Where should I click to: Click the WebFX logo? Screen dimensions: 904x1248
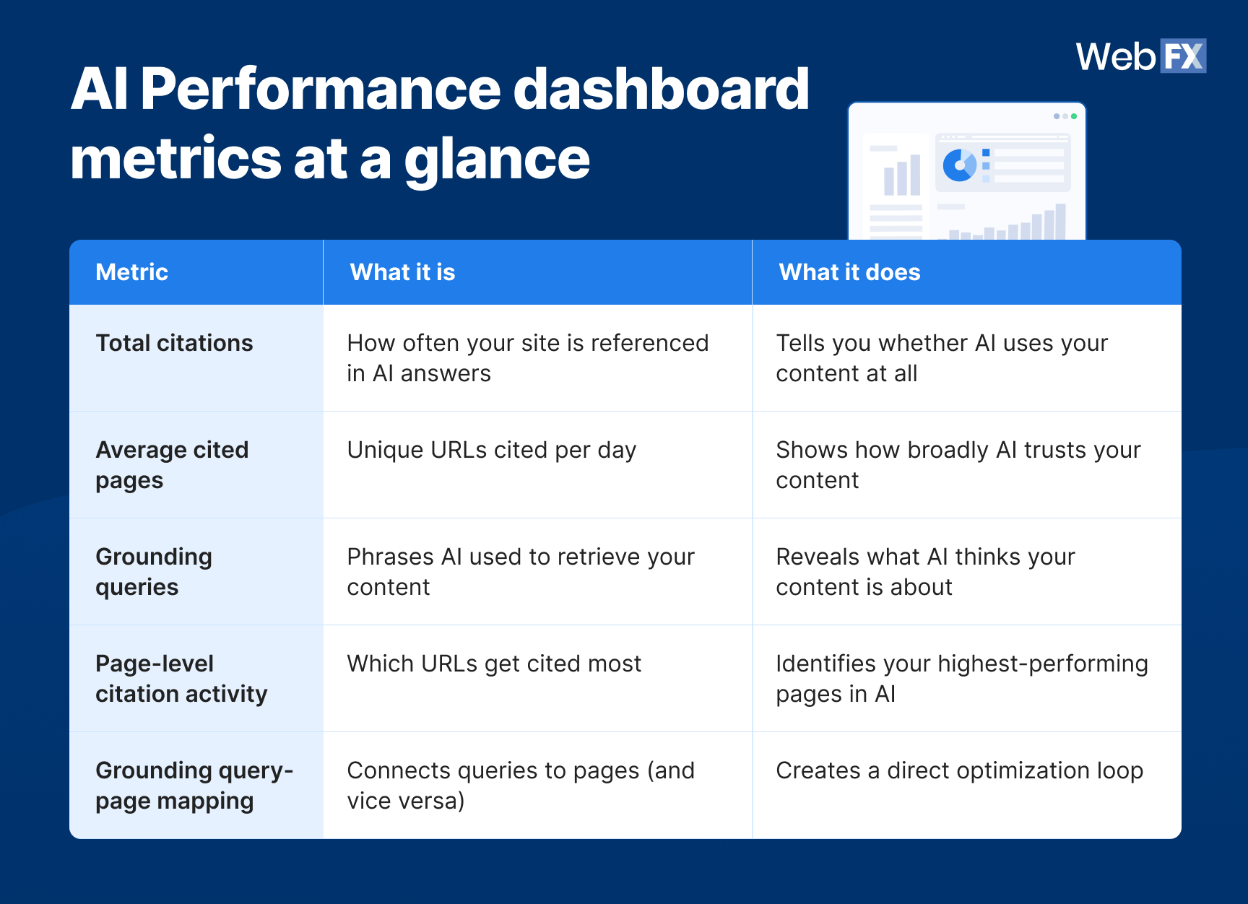1140,56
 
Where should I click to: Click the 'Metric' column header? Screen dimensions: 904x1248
131,272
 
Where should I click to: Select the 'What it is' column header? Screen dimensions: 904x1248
402,272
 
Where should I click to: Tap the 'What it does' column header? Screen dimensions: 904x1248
849,272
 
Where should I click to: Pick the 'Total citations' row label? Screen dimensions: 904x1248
174,343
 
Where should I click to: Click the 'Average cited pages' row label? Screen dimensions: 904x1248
172,465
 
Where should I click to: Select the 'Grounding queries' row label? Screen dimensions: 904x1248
154,572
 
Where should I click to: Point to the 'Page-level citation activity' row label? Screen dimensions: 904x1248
181,679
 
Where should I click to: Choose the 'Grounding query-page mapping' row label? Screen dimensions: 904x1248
194,786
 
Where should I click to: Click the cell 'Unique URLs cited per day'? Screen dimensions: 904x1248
491,450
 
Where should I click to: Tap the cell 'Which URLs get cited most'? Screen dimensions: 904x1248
494,664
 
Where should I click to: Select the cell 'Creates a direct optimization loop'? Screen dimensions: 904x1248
959,770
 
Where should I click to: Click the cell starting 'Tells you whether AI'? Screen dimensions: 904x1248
941,358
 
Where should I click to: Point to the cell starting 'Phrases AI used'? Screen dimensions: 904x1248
520,572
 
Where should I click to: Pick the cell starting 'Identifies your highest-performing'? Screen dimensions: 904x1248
961,679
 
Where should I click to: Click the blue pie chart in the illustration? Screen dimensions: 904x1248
959,165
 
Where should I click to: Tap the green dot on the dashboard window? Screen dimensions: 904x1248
1074,116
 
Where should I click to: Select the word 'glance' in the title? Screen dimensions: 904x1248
497,160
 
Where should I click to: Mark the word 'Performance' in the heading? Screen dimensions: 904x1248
320,90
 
